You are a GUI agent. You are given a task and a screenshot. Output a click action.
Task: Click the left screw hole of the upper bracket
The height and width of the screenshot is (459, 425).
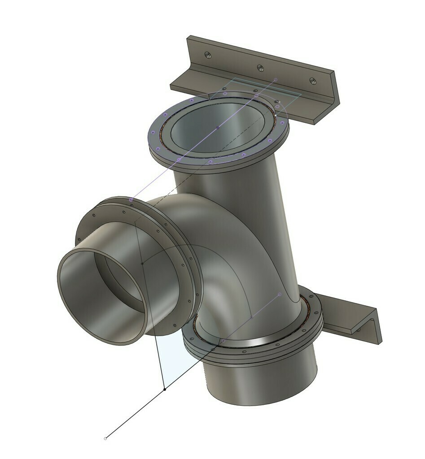[x=207, y=55]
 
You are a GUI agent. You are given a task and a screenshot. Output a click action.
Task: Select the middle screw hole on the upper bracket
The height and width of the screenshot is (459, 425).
[x=260, y=68]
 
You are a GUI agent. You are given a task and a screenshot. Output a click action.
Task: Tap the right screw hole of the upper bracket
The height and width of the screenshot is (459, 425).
[x=313, y=81]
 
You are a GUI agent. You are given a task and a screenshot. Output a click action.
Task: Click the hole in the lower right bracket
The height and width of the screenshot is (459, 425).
[x=359, y=330]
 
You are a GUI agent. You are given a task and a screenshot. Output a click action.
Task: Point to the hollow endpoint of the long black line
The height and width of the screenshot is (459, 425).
[x=105, y=438]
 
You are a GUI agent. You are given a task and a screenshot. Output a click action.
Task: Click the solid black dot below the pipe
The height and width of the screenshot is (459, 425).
[x=165, y=389]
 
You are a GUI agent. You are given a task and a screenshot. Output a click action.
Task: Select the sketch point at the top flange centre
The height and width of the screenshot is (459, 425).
[x=218, y=127]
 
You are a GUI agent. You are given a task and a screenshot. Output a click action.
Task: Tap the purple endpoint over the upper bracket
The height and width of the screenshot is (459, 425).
[x=276, y=80]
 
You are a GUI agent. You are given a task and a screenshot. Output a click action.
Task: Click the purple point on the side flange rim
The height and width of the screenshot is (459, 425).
[x=131, y=199]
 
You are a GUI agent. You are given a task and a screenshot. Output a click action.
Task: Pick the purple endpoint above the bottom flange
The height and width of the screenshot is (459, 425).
[x=280, y=294]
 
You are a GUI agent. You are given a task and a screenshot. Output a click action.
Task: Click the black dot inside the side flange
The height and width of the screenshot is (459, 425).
[x=142, y=263]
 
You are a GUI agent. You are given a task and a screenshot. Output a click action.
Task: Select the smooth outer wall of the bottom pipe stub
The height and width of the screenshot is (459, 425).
[x=269, y=381]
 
